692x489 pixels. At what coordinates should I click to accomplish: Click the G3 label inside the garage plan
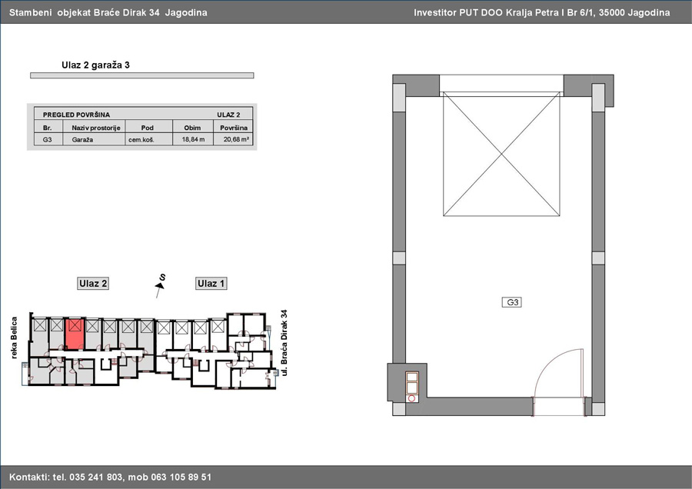512,302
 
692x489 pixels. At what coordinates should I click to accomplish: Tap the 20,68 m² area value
236,139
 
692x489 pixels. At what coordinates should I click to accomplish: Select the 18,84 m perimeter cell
193,139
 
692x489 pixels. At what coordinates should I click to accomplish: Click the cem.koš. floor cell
141,139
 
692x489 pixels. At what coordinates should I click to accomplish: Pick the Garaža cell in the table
82,139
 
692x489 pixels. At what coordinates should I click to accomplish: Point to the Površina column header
234,128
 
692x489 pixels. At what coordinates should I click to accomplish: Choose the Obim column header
192,128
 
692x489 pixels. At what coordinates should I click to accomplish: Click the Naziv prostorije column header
96,128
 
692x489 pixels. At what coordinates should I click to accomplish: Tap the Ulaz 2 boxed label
93,284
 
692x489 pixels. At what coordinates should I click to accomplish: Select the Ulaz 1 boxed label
211,284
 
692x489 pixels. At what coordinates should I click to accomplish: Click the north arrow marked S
160,286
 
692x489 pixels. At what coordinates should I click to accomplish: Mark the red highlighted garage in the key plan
74,334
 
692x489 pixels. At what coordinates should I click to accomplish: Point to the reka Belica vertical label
14,338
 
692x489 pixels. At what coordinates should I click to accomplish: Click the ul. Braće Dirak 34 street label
284,342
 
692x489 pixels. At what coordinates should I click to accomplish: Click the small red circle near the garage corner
412,398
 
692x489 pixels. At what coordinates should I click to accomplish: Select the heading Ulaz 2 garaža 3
96,65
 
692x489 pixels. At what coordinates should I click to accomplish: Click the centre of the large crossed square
501,154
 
